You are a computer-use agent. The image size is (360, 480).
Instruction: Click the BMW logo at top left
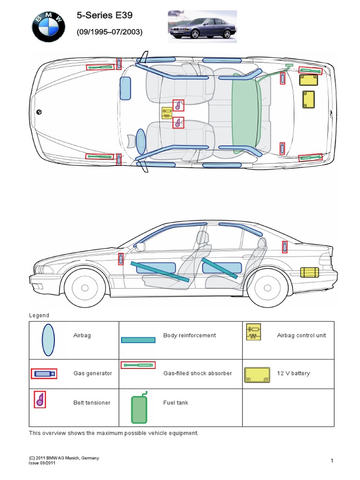click(48, 27)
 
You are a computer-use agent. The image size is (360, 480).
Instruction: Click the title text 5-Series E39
click(105, 16)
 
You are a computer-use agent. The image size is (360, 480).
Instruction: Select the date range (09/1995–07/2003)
click(109, 32)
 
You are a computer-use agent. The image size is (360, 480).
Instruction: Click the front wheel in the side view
click(85, 287)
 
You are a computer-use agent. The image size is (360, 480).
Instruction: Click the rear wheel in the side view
click(266, 287)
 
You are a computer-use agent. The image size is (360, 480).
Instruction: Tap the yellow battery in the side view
click(309, 272)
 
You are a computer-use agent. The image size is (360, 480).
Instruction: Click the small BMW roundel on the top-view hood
click(39, 112)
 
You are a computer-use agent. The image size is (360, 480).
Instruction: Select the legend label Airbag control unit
click(301, 336)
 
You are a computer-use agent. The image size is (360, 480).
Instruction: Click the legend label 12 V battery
click(294, 374)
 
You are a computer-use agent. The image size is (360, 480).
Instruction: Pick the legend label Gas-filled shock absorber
click(197, 374)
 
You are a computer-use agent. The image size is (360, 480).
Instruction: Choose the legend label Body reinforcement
click(189, 336)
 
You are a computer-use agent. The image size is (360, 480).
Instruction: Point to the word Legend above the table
click(39, 315)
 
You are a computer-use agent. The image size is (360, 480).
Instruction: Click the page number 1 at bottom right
click(331, 461)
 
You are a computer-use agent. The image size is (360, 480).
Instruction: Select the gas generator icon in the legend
click(44, 374)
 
